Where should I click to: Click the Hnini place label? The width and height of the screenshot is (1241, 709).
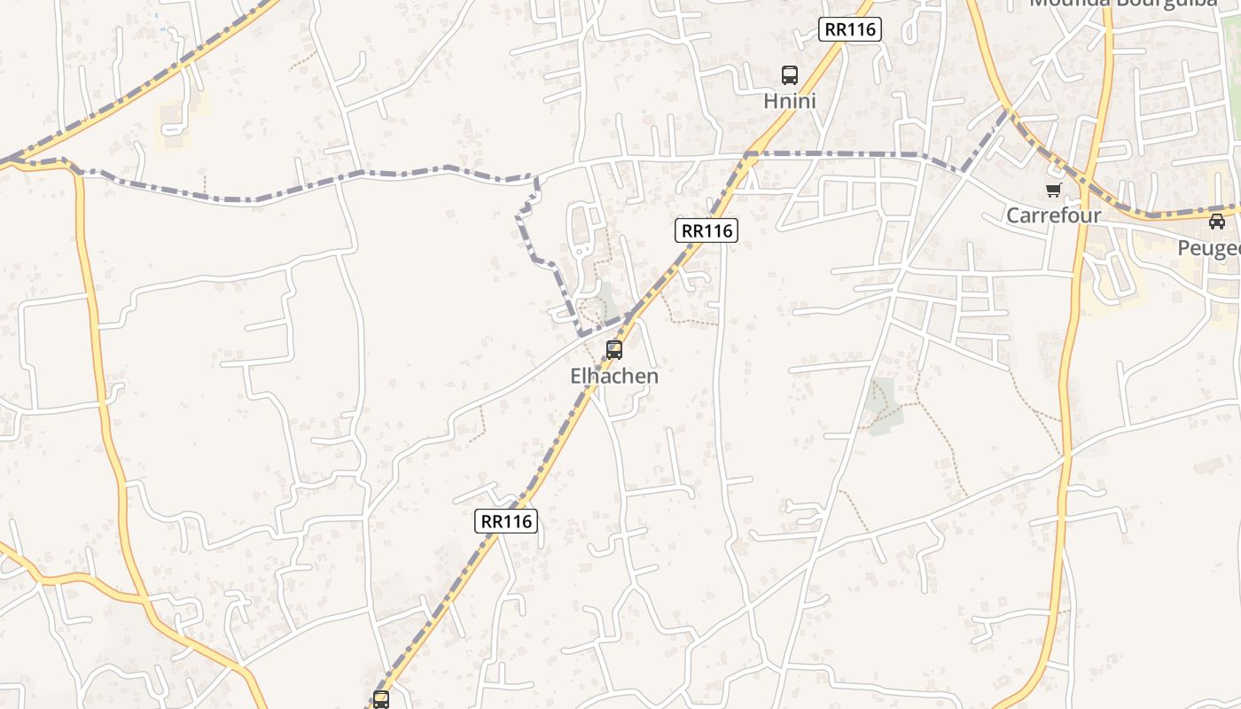[789, 101]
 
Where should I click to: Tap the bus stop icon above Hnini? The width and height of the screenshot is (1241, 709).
[789, 75]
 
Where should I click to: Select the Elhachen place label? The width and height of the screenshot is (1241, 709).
[614, 376]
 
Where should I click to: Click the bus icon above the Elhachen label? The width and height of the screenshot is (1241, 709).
[614, 349]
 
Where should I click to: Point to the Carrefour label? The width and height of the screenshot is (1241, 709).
[1053, 215]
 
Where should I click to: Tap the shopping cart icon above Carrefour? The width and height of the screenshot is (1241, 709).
[1053, 190]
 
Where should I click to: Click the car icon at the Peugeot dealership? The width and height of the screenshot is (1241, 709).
[1217, 222]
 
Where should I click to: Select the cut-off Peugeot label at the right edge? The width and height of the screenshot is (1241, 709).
[1210, 248]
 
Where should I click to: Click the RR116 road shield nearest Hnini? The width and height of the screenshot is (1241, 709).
[849, 29]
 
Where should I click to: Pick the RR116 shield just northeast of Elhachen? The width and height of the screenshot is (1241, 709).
[706, 231]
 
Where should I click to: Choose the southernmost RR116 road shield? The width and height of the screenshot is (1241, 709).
[506, 521]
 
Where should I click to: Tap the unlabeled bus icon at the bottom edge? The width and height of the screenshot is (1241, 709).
[381, 699]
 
